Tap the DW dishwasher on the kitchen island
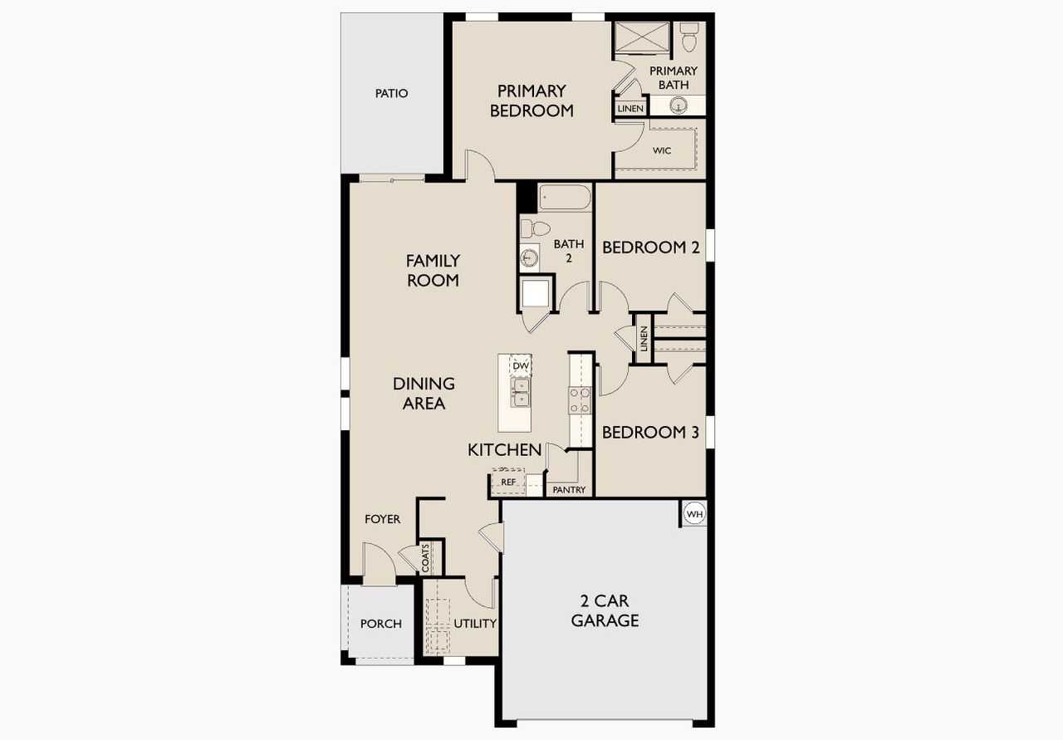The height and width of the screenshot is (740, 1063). tap(521, 366)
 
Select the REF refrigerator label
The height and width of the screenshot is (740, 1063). tap(508, 482)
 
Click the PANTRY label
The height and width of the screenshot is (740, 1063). tap(569, 490)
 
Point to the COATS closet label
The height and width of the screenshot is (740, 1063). tap(426, 557)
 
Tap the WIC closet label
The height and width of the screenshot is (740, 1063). tap(662, 150)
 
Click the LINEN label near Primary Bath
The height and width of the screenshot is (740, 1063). tap(630, 109)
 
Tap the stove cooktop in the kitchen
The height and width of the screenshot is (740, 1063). tap(580, 400)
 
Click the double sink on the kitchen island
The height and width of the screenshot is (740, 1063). tap(521, 393)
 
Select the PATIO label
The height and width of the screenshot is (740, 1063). tap(391, 93)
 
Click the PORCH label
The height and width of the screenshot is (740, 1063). tap(380, 624)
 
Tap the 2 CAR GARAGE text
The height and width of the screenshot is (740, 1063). tap(605, 610)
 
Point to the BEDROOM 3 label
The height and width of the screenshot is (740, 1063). tap(650, 432)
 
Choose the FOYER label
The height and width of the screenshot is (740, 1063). tap(382, 519)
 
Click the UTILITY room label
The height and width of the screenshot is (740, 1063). tap(475, 624)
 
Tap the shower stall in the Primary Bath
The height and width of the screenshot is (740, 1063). tap(641, 38)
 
